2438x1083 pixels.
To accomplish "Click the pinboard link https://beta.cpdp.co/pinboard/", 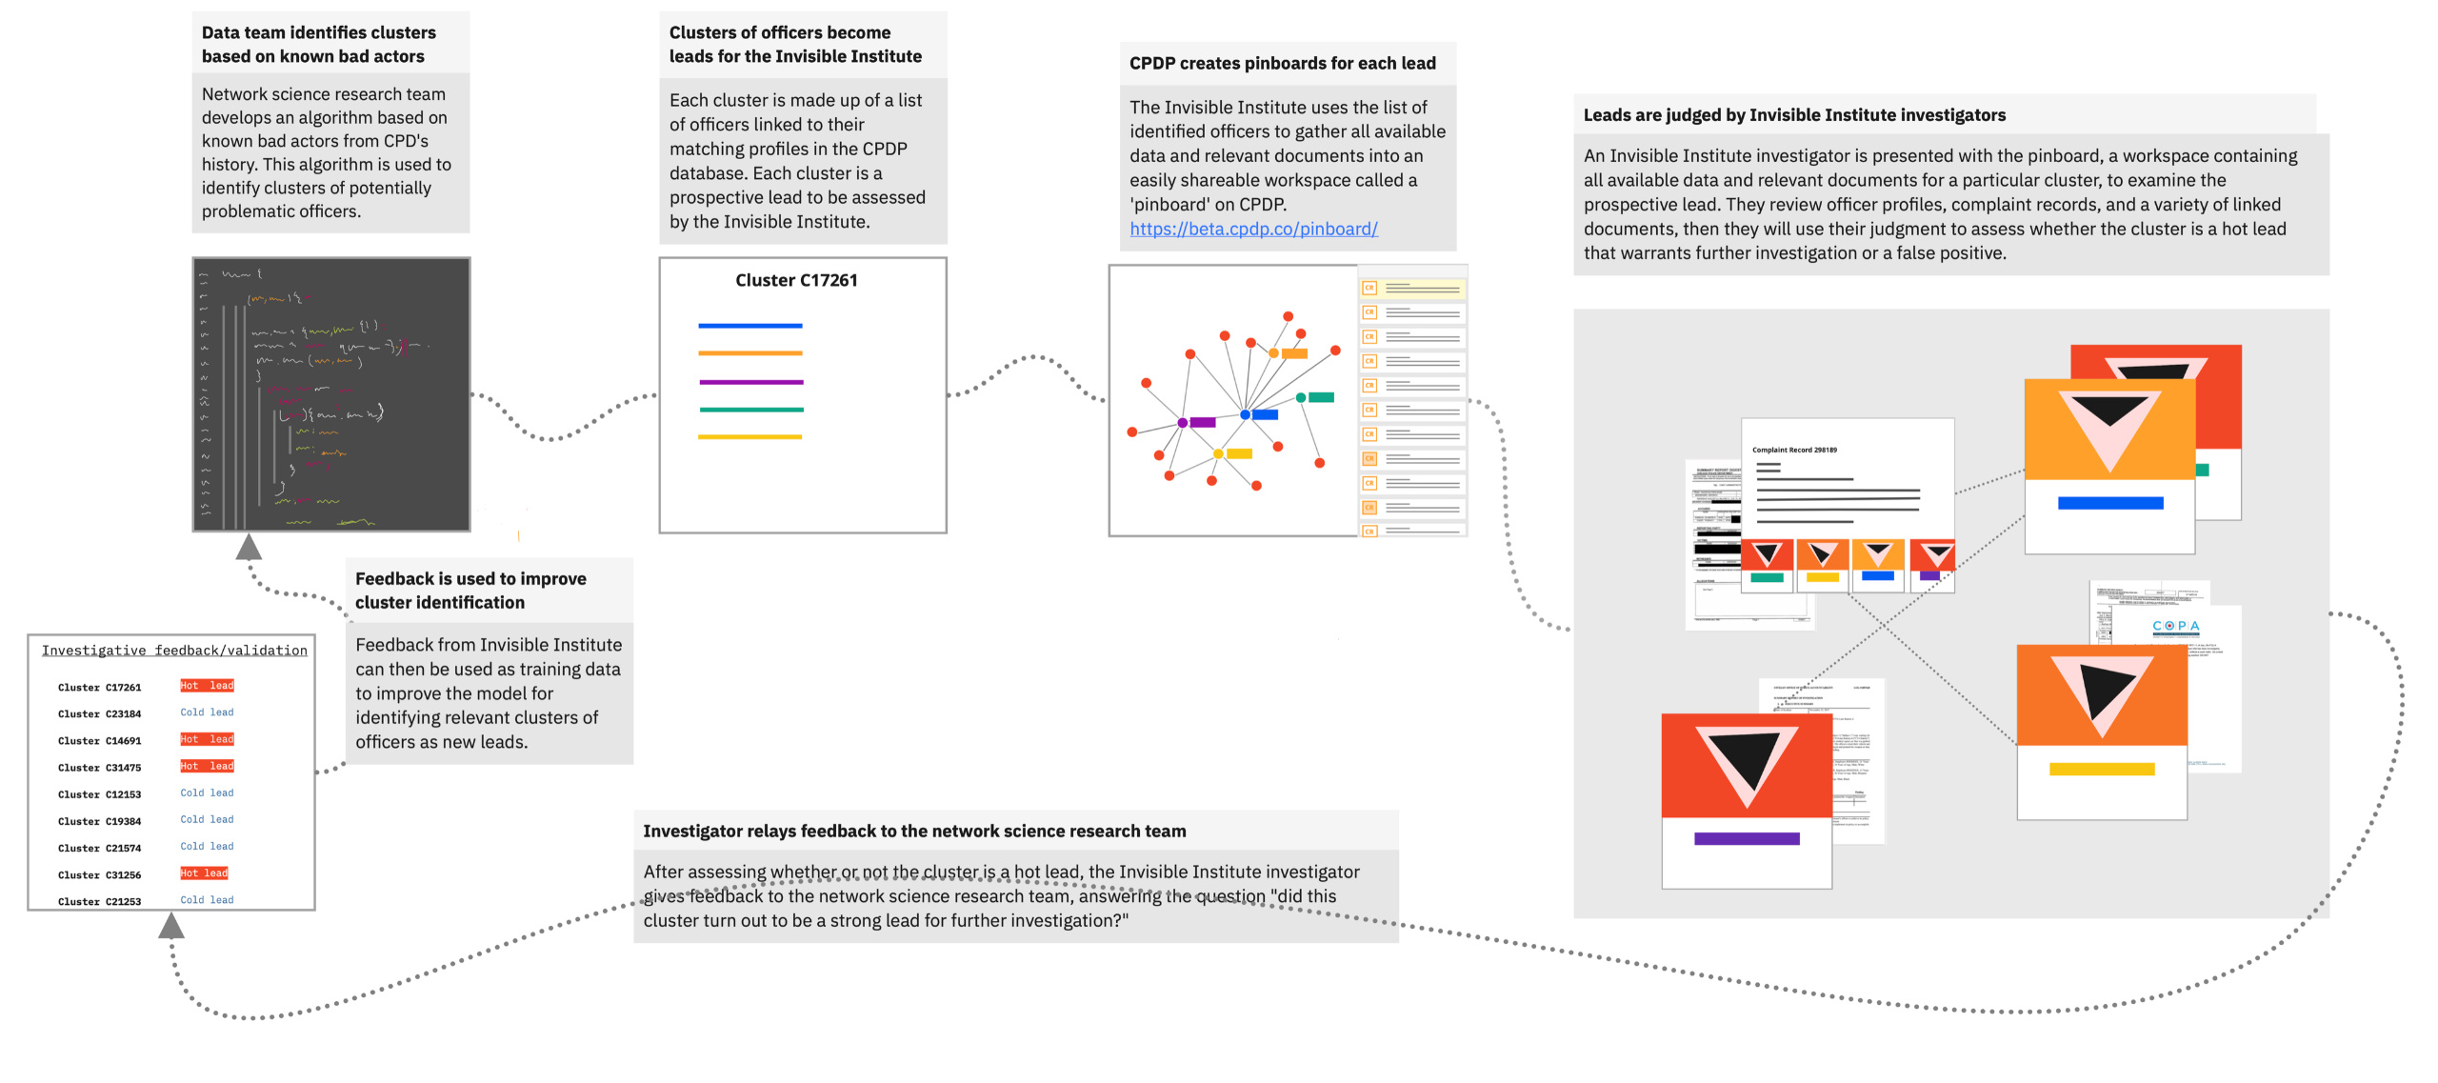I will pyautogui.click(x=1253, y=230).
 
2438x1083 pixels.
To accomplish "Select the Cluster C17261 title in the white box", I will pyautogui.click(x=796, y=280).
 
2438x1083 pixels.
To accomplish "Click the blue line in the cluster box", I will pyautogui.click(x=750, y=326).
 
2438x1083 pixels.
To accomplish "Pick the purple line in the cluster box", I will pyautogui.click(x=750, y=382).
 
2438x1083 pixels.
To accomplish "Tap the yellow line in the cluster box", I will pyautogui.click(x=750, y=437).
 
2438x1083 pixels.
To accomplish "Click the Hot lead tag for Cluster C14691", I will pyautogui.click(x=207, y=739).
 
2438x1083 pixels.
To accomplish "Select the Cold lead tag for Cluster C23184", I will pyautogui.click(x=207, y=712).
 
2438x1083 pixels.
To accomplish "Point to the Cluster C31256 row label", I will pyautogui.click(x=99, y=874).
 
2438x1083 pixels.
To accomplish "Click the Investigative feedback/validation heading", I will pyautogui.click(x=174, y=651).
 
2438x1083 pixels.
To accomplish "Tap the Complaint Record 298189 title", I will pyautogui.click(x=1794, y=450).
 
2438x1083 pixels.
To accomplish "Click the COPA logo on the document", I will pyautogui.click(x=2175, y=626).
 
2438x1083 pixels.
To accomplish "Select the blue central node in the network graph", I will pyautogui.click(x=1245, y=414).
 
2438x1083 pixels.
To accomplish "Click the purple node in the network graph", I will pyautogui.click(x=1183, y=422).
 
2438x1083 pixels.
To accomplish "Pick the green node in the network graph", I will pyautogui.click(x=1301, y=397).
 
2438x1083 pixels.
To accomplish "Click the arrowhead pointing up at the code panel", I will pyautogui.click(x=249, y=547).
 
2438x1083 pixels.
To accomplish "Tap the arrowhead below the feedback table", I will pyautogui.click(x=171, y=925).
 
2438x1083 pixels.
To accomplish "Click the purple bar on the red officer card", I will pyautogui.click(x=1747, y=839).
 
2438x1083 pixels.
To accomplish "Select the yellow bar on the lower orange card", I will pyautogui.click(x=2102, y=770).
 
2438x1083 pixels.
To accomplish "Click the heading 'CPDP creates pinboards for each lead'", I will pyautogui.click(x=1282, y=64).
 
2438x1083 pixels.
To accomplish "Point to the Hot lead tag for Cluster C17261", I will pyautogui.click(x=207, y=686).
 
